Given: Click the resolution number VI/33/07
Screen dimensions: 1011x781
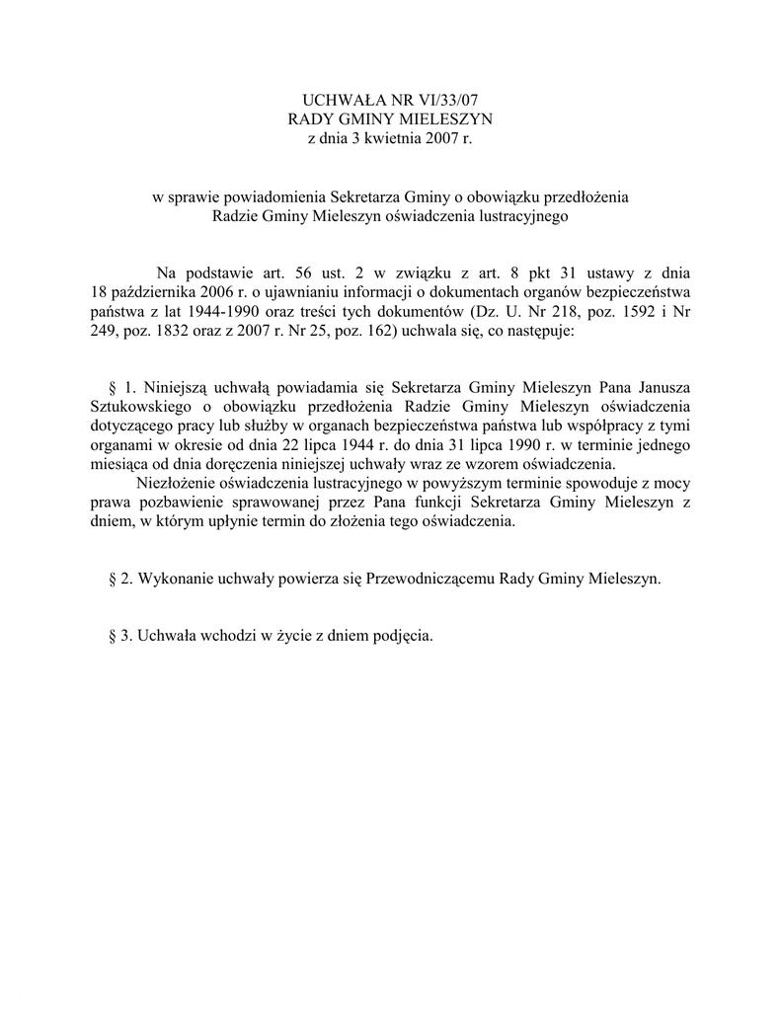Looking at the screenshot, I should [453, 100].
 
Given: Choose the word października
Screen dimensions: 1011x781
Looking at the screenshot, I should [147, 293].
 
